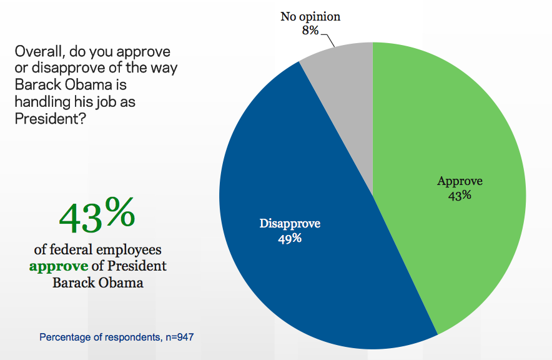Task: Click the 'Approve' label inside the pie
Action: coord(460,181)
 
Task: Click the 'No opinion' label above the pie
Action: coord(310,16)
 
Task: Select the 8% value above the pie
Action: coord(310,30)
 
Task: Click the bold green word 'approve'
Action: coord(56,266)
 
